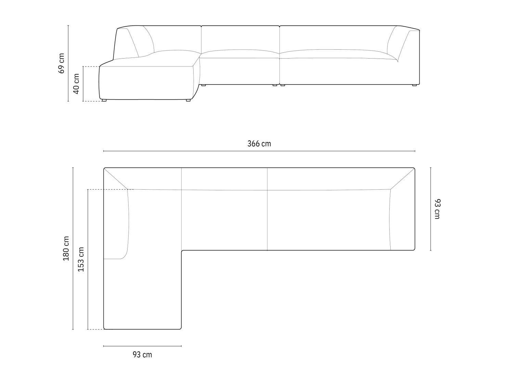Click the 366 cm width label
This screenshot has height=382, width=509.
point(259,144)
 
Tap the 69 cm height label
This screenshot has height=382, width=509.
point(62,63)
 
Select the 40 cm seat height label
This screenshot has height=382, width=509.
point(76,84)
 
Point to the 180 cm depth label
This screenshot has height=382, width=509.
point(66,249)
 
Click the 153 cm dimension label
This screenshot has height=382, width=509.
point(81,259)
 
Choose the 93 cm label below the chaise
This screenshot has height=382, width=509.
point(142,355)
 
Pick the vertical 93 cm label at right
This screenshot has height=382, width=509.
point(437,209)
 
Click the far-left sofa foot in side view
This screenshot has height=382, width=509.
point(104,100)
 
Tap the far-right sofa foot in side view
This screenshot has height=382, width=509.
point(414,85)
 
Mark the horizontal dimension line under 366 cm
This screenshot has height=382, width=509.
point(259,151)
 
